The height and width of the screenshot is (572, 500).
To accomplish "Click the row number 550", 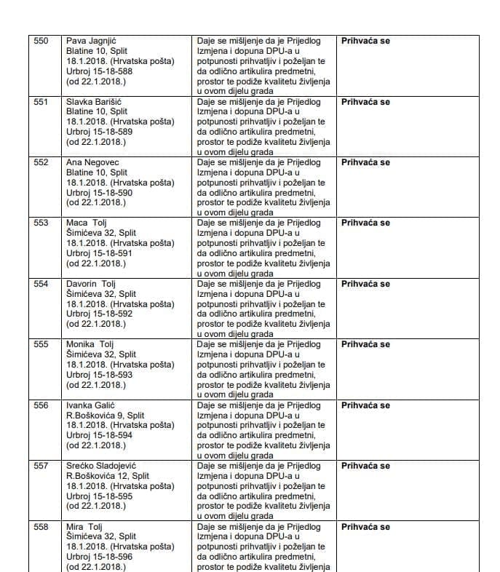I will (41, 41).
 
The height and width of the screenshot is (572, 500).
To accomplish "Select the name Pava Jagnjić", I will (92, 41).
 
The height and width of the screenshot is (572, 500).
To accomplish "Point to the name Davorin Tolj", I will (91, 284).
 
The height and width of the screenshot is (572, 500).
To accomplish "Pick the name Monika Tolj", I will (90, 344).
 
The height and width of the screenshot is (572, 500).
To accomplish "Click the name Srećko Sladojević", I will (101, 466).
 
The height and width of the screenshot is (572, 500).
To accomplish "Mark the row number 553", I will (41, 223).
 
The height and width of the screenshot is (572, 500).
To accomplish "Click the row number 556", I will (41, 405).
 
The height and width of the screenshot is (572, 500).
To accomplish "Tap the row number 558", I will (41, 527).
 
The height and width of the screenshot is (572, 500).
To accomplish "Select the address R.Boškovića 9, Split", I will (106, 416).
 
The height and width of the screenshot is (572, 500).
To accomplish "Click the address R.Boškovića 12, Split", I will (108, 476).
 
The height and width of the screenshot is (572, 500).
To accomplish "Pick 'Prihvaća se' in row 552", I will (365, 162).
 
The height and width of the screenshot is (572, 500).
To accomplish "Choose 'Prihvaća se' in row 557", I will (365, 466).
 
